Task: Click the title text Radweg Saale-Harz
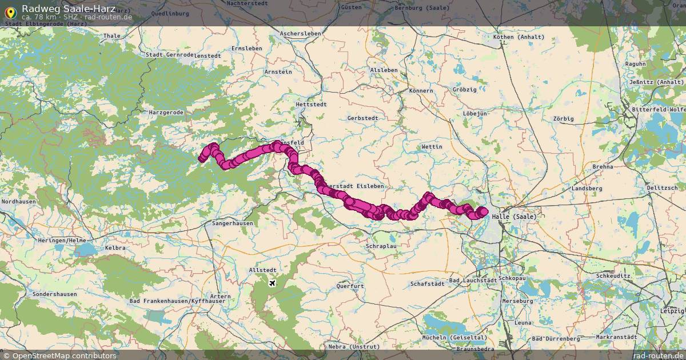pos(69,8)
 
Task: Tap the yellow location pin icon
pos(10,11)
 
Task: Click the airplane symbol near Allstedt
pos(272,283)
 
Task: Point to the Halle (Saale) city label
pos(517,217)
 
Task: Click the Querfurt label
pos(350,286)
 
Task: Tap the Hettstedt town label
pos(311,105)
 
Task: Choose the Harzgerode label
pos(166,113)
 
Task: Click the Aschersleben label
pos(300,34)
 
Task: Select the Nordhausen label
pos(19,202)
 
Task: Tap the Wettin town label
pos(432,147)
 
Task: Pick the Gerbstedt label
pos(362,118)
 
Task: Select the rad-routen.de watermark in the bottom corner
pos(658,355)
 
